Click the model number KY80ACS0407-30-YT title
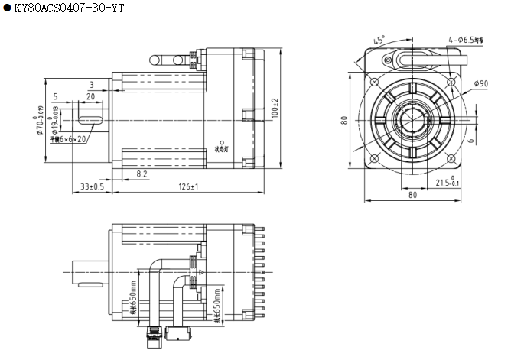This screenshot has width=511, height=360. [69, 8]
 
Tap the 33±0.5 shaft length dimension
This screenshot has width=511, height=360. [92, 186]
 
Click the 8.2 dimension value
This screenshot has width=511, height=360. [142, 174]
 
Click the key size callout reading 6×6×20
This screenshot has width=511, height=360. [70, 139]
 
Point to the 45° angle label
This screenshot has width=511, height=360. [379, 39]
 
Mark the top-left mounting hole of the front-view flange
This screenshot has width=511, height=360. [373, 81]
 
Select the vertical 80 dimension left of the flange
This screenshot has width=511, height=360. [345, 120]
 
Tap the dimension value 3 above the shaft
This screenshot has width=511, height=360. [91, 85]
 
